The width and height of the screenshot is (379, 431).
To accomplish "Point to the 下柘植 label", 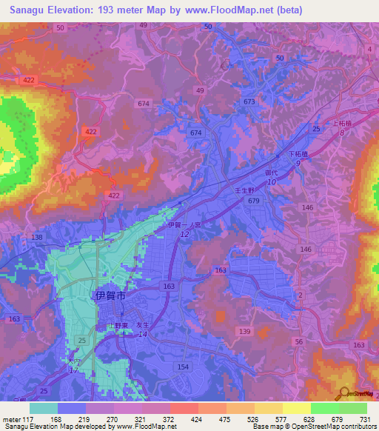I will click(298, 154).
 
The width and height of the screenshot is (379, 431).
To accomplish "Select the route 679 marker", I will click(254, 201).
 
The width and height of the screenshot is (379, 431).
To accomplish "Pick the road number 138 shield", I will click(37, 237).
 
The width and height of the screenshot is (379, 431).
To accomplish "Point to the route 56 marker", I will click(299, 341).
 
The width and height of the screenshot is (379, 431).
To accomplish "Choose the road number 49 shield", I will click(143, 25).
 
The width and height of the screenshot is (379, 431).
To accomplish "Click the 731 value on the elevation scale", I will click(363, 418).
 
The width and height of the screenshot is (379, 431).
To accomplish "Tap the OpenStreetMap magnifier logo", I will click(343, 394).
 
